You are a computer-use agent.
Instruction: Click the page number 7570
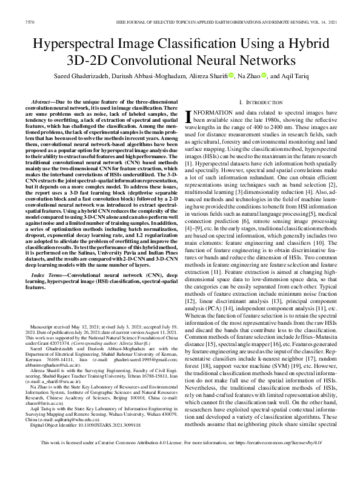click(x=26, y=21)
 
